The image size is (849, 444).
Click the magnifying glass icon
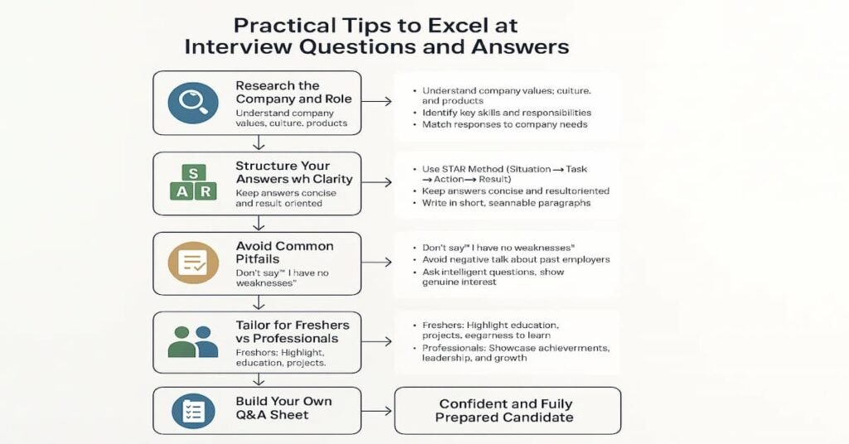pos(193,104)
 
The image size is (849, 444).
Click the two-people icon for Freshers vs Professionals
pos(193,341)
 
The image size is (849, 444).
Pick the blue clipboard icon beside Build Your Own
pos(193,410)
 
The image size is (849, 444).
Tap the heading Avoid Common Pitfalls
pos(284,253)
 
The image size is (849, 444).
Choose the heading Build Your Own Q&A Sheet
pos(284,408)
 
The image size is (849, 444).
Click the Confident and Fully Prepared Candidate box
pos(507,410)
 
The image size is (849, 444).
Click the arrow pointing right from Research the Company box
pos(376,102)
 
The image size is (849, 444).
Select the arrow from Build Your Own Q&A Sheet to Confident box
pos(377,410)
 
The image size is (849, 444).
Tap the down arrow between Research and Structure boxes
pos(259,143)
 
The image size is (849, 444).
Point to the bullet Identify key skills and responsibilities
pos(506,113)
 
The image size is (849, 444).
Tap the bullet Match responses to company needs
pos(504,124)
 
